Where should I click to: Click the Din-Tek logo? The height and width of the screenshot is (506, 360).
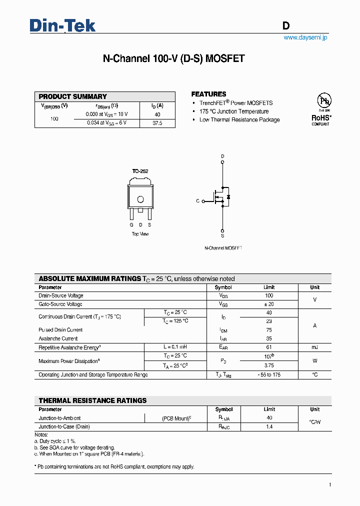(62, 25)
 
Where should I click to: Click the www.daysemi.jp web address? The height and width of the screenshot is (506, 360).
(305, 37)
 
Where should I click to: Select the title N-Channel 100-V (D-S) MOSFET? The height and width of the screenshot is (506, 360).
(173, 58)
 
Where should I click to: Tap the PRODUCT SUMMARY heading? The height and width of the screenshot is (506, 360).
(72, 96)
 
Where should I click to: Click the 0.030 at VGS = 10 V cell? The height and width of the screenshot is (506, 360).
(107, 114)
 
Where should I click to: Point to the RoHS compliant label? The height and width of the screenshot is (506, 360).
(321, 119)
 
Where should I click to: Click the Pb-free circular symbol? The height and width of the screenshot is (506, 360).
(324, 101)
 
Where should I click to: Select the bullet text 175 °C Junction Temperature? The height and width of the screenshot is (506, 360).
(233, 111)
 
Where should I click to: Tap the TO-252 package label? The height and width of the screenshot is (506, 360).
(140, 171)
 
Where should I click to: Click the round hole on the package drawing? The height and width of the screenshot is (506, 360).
(140, 200)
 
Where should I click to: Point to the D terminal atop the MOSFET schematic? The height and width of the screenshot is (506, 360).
(222, 156)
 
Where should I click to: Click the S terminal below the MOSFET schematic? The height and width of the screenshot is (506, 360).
(222, 235)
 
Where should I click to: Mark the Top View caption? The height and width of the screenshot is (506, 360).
(140, 234)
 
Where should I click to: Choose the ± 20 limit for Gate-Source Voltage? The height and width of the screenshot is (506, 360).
(269, 304)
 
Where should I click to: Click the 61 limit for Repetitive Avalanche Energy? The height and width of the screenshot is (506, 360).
(269, 347)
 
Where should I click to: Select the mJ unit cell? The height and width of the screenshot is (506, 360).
(314, 347)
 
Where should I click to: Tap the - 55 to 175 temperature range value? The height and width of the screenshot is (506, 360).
(269, 374)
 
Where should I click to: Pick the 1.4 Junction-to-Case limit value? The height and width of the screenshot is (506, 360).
(269, 426)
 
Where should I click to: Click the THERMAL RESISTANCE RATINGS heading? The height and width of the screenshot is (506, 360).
(92, 400)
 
